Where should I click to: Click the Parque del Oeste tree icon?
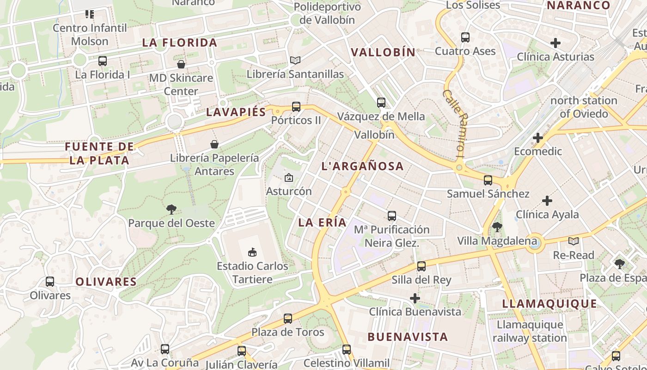tap(171, 210)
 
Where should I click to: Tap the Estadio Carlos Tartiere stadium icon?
tap(252, 252)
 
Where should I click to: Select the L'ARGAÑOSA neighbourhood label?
tap(362, 166)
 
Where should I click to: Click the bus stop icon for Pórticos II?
tap(296, 107)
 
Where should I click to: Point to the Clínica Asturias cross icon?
tap(555, 43)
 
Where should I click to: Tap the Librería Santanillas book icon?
tap(295, 60)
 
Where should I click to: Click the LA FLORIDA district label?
tap(179, 43)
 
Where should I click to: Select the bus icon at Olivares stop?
tap(50, 281)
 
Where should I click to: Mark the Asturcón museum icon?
tap(289, 177)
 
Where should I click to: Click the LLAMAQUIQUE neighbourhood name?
tap(549, 303)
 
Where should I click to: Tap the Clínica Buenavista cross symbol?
tap(415, 298)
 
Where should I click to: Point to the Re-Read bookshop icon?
tap(574, 241)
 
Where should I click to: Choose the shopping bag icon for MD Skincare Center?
tap(181, 64)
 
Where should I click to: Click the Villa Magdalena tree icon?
tap(497, 227)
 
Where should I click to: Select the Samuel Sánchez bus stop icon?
tap(488, 180)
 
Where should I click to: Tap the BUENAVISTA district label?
tap(408, 337)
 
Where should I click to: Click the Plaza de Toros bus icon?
tap(288, 318)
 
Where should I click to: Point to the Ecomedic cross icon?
tap(538, 137)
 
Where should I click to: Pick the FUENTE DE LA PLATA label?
tap(99, 154)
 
